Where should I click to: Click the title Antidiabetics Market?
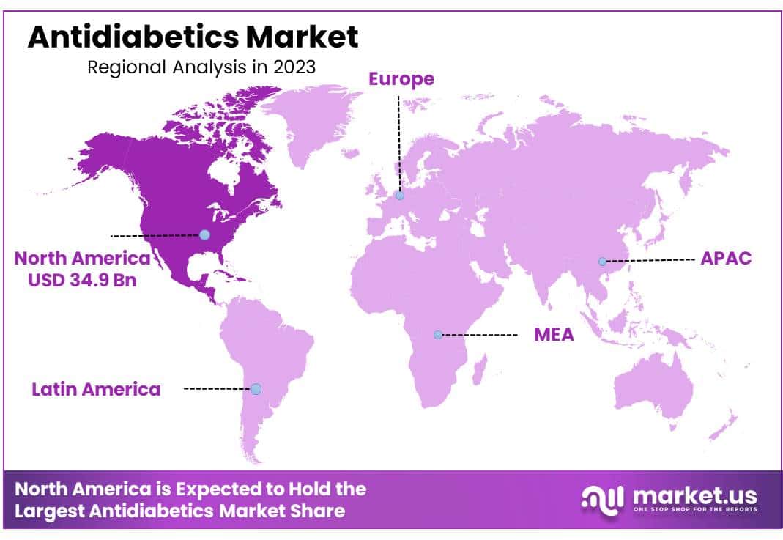coord(193,37)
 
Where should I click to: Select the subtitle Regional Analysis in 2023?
coord(201,67)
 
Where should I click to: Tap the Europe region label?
coord(401,78)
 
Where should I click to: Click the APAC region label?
coord(726,259)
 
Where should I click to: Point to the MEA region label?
coord(554,335)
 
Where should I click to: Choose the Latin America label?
coord(96,389)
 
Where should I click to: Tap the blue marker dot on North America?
coord(204,234)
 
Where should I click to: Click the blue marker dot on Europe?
coord(399,196)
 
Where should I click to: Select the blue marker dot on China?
coord(602,262)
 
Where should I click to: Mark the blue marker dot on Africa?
coord(438,335)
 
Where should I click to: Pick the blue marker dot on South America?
coord(256,389)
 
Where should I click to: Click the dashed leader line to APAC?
coord(648,260)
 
